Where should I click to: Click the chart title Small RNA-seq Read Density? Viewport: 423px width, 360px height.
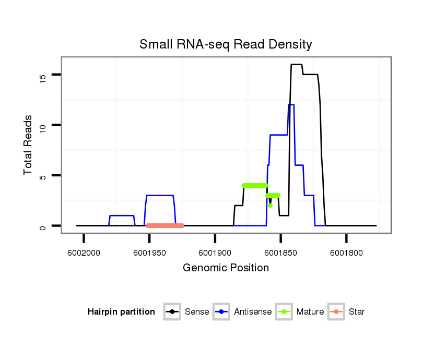pyautogui.click(x=226, y=44)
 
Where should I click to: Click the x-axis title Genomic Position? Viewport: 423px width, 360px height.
pyautogui.click(x=226, y=268)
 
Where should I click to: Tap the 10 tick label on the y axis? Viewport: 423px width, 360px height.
pyautogui.click(x=43, y=125)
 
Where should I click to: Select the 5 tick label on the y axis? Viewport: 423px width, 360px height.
pyautogui.click(x=43, y=176)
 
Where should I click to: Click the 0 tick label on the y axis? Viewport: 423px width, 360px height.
pyautogui.click(x=43, y=226)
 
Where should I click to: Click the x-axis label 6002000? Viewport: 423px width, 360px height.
pyautogui.click(x=84, y=253)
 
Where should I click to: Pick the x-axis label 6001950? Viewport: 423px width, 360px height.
pyautogui.click(x=149, y=253)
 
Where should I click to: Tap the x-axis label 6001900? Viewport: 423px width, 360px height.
pyautogui.click(x=215, y=253)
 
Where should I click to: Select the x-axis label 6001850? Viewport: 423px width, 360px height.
pyautogui.click(x=281, y=253)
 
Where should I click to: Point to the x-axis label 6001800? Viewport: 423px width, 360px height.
pyautogui.click(x=347, y=253)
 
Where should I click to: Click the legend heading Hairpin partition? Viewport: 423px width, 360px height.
pyautogui.click(x=121, y=312)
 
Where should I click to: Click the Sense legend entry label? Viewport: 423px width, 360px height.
pyautogui.click(x=197, y=312)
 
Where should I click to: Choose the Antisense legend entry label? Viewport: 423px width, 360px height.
pyautogui.click(x=253, y=312)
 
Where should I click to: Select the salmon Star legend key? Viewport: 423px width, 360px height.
pyautogui.click(x=337, y=312)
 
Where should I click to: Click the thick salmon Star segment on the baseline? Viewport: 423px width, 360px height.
pyautogui.click(x=165, y=226)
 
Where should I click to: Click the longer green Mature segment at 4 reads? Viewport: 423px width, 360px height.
pyautogui.click(x=255, y=185)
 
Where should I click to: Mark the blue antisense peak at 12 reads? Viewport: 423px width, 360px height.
pyautogui.click(x=291, y=105)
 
